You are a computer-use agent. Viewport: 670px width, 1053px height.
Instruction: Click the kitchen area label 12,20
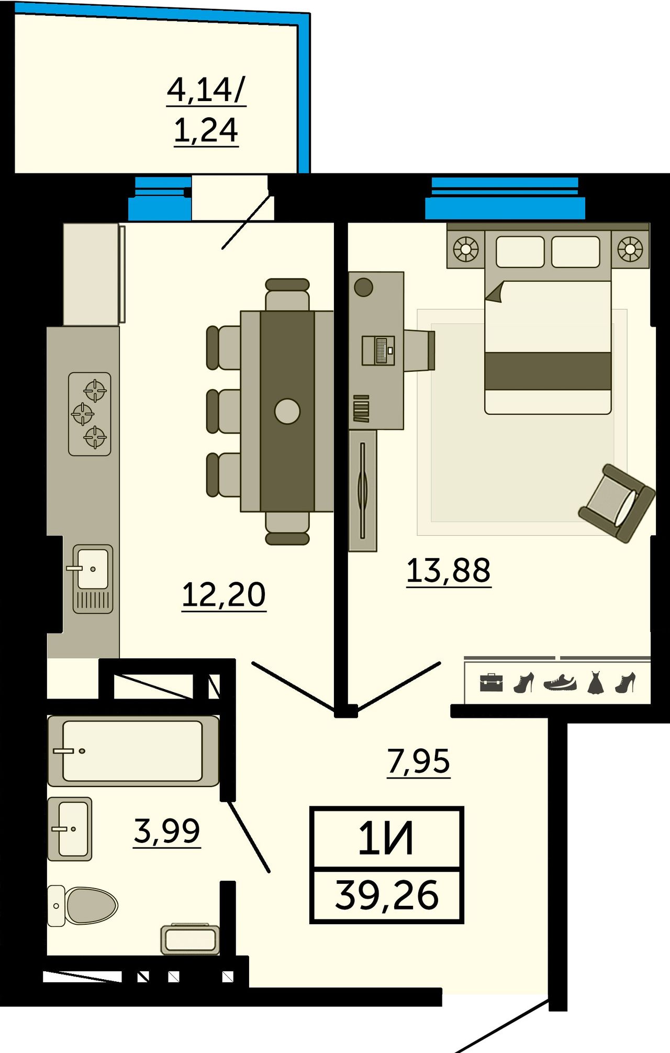[224, 595]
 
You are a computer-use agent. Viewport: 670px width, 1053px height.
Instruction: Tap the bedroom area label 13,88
[449, 570]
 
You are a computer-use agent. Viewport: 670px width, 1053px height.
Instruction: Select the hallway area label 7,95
[419, 761]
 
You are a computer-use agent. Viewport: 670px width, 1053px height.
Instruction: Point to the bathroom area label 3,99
[167, 831]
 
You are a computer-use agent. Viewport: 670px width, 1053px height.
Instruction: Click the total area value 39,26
[387, 895]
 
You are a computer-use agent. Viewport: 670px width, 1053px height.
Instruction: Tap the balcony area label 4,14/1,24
[206, 109]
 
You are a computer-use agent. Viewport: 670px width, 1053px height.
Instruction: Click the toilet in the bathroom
[83, 905]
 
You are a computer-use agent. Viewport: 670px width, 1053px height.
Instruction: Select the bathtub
[133, 751]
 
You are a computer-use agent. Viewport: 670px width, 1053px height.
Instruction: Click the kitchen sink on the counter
[93, 579]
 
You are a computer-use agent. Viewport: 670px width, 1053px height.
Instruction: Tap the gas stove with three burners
[90, 414]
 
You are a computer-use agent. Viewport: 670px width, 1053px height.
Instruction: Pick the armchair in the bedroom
[617, 503]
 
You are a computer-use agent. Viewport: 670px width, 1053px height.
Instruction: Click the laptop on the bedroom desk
[378, 350]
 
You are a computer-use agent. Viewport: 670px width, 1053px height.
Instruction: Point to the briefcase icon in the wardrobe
[491, 683]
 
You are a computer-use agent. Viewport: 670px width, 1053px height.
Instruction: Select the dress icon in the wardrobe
[595, 683]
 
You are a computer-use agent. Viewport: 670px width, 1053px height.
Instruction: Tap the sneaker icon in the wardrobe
[560, 682]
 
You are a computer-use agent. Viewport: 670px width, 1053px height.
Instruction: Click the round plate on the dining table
[287, 411]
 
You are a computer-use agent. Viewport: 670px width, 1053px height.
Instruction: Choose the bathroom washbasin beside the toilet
[70, 829]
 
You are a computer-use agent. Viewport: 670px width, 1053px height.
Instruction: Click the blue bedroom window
[505, 198]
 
